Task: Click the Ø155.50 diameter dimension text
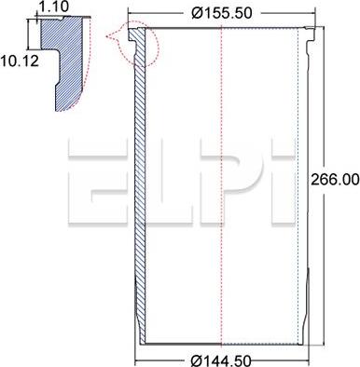(x=221, y=13)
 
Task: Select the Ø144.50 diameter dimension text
(x=221, y=360)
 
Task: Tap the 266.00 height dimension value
(x=335, y=180)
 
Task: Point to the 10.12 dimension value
(x=20, y=61)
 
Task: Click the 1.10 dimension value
(x=54, y=6)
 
